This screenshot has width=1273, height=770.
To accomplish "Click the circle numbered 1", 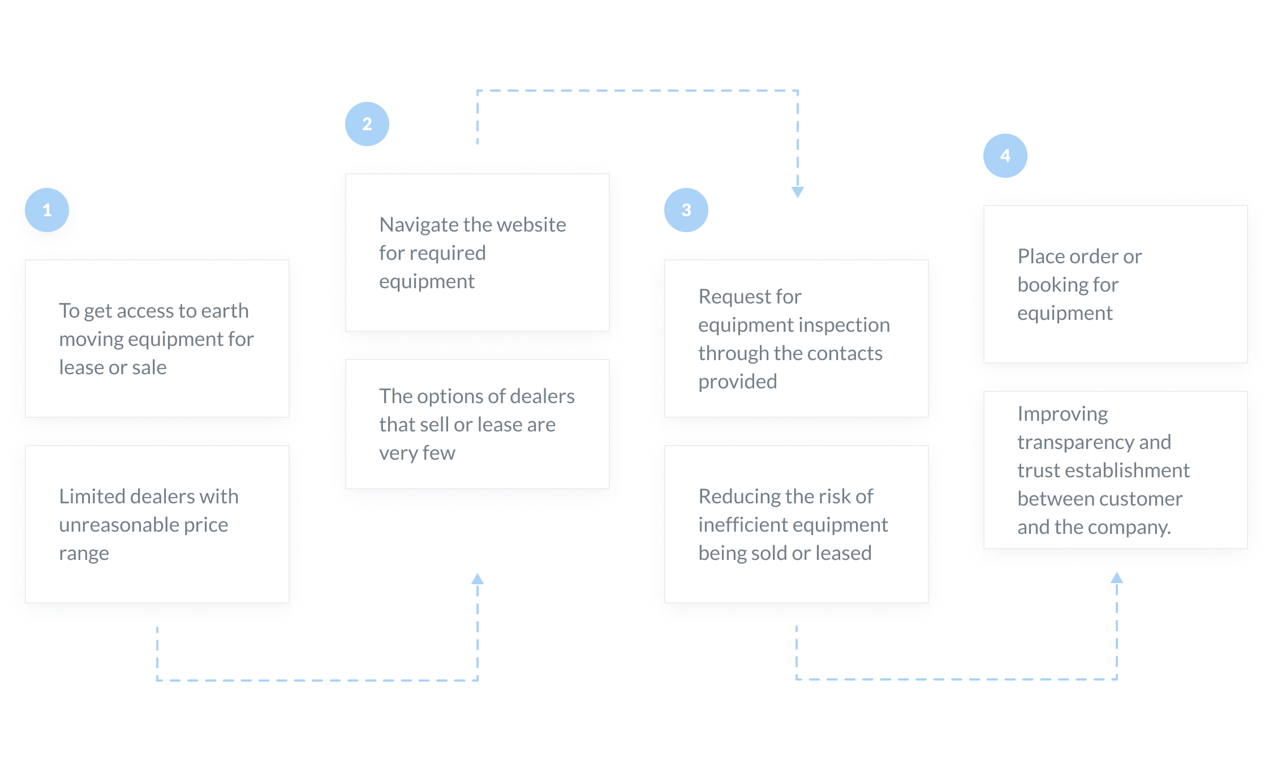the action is point(47,210).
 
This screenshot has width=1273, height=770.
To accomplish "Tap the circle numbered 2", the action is point(367,124).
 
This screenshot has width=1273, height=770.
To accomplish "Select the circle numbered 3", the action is point(686,210).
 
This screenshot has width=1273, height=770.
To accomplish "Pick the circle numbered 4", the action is point(1005,156).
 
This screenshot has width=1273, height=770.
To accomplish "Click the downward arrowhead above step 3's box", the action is point(798,192).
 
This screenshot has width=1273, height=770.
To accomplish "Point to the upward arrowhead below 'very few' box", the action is point(478,579).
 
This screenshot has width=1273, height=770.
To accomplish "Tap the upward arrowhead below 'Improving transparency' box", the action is point(1117,577).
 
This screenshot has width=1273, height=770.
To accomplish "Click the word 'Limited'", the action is point(92,497).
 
